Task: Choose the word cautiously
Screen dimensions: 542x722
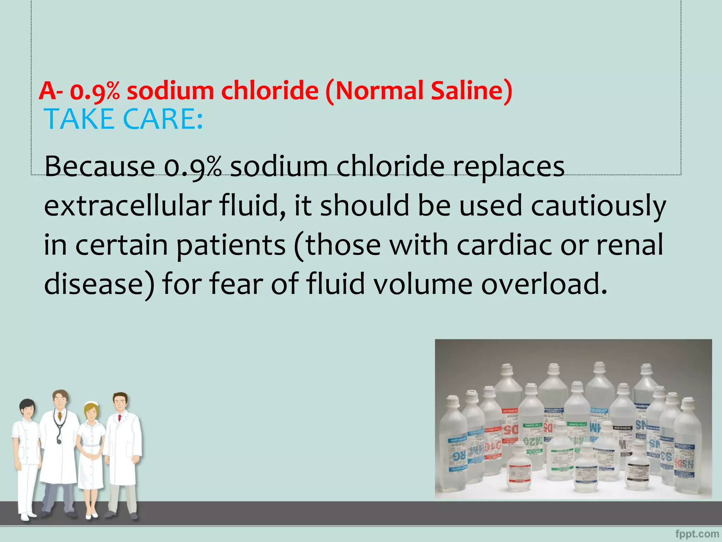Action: pyautogui.click(x=598, y=206)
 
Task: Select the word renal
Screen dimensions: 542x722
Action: pyautogui.click(x=630, y=245)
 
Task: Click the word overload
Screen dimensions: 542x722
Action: pyautogui.click(x=544, y=284)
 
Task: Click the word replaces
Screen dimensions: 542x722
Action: pyautogui.click(x=509, y=167)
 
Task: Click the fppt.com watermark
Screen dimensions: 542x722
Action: pyautogui.click(x=697, y=534)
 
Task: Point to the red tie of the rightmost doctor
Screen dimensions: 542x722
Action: pyautogui.click(x=120, y=418)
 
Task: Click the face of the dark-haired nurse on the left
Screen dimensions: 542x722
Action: pyautogui.click(x=27, y=410)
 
